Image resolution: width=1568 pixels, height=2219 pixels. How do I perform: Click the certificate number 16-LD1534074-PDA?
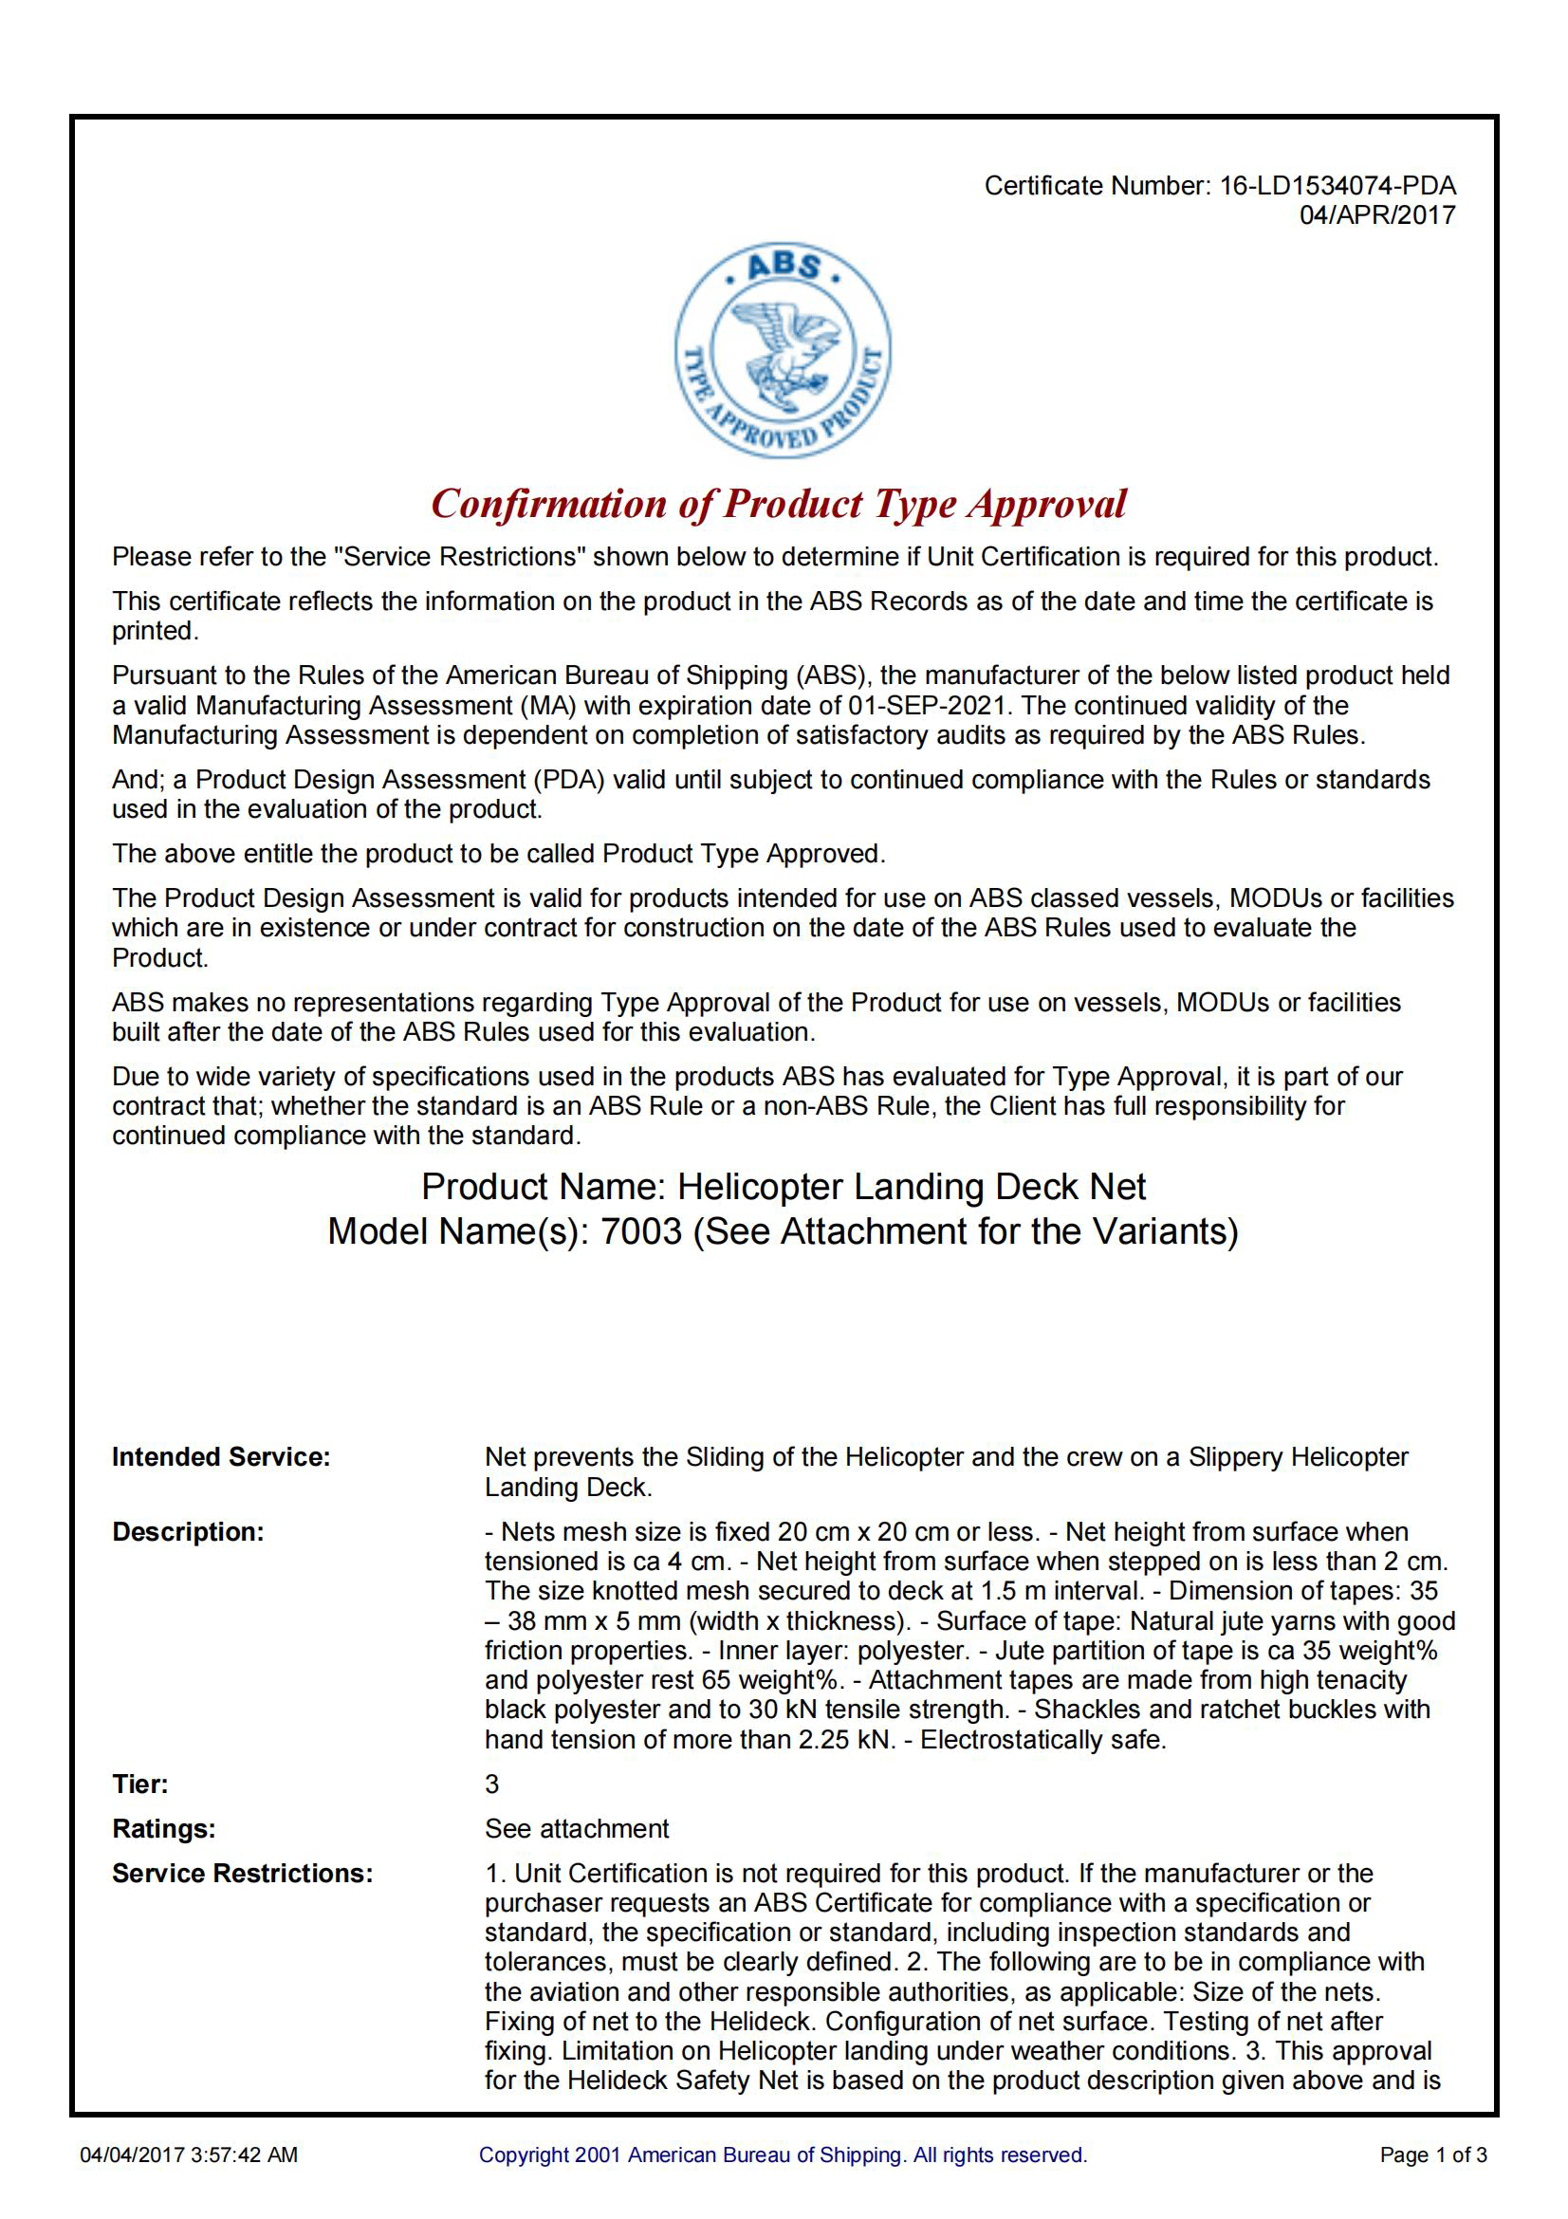click(1337, 186)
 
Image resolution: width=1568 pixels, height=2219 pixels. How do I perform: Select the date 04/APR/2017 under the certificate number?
click(1376, 214)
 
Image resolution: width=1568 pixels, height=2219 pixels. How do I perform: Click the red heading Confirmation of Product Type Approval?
click(779, 505)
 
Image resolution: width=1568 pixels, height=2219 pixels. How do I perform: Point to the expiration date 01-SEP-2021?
click(926, 706)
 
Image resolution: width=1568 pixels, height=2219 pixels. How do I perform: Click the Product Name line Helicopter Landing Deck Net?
click(784, 1187)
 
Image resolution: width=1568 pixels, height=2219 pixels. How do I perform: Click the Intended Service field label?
click(221, 1457)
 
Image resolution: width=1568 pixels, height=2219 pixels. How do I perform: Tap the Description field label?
click(188, 1532)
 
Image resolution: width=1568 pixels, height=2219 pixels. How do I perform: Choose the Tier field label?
click(140, 1784)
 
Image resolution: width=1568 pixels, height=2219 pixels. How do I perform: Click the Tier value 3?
click(491, 1784)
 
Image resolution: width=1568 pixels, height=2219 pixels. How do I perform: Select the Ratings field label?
click(163, 1828)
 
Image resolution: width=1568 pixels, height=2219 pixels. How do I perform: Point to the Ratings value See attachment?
click(577, 1828)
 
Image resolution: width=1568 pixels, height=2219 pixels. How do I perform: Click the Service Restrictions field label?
click(243, 1873)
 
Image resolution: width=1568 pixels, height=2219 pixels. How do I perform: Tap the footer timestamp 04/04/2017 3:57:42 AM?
click(190, 2154)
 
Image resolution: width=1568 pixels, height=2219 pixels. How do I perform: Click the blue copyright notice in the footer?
click(783, 2154)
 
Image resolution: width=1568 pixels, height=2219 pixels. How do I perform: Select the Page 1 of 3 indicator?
click(1432, 2154)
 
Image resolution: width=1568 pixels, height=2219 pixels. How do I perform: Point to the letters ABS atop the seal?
click(784, 266)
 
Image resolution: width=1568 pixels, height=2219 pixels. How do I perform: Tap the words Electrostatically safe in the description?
click(1042, 1740)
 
